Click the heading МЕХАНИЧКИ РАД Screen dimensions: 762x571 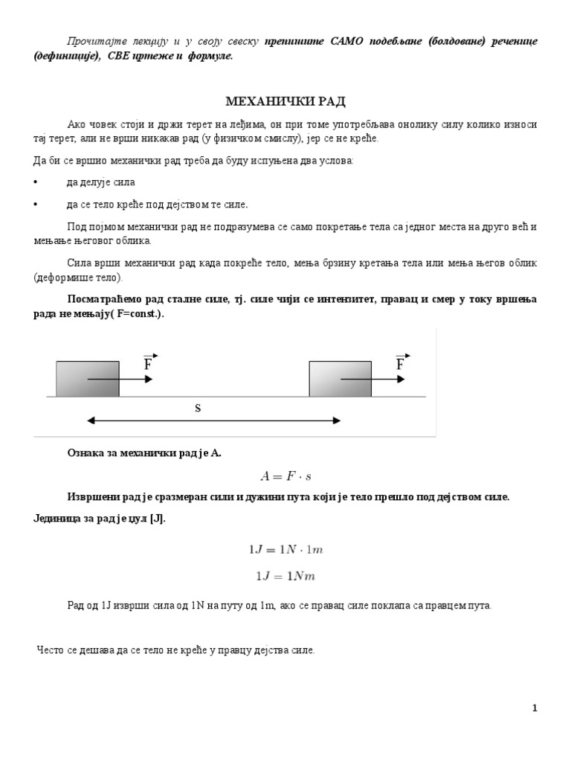(285, 101)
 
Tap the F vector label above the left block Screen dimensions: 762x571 (149, 363)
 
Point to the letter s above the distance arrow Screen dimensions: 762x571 (199, 409)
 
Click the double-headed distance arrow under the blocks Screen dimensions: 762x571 (213, 420)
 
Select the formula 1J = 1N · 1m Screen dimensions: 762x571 (285, 550)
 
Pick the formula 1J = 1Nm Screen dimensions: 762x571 (285, 576)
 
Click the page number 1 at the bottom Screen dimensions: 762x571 (535, 708)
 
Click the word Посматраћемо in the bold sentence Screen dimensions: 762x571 (105, 299)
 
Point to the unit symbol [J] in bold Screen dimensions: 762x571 (157, 519)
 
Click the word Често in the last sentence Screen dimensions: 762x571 (51, 650)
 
